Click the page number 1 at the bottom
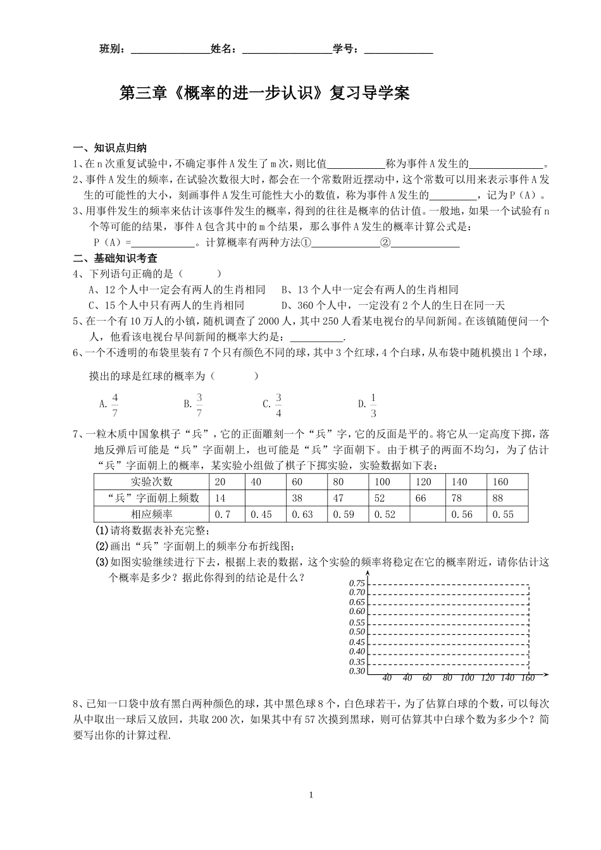[x=311, y=795]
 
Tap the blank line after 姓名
[x=287, y=51]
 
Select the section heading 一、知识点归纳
[x=110, y=149]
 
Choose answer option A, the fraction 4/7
[x=115, y=405]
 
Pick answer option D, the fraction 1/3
[x=373, y=405]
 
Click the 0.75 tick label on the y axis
[x=357, y=583]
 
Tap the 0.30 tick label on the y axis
[x=357, y=671]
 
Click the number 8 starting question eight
[x=77, y=703]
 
